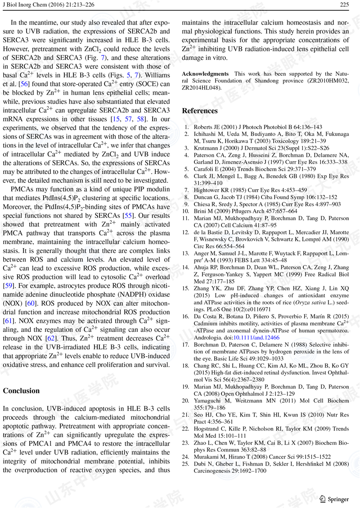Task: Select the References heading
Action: pyautogui.click(x=199, y=111)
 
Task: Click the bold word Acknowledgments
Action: pyautogui.click(x=205, y=74)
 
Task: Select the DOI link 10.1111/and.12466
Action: pyautogui.click(x=257, y=337)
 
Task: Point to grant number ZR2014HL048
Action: pyautogui.click(x=201, y=88)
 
